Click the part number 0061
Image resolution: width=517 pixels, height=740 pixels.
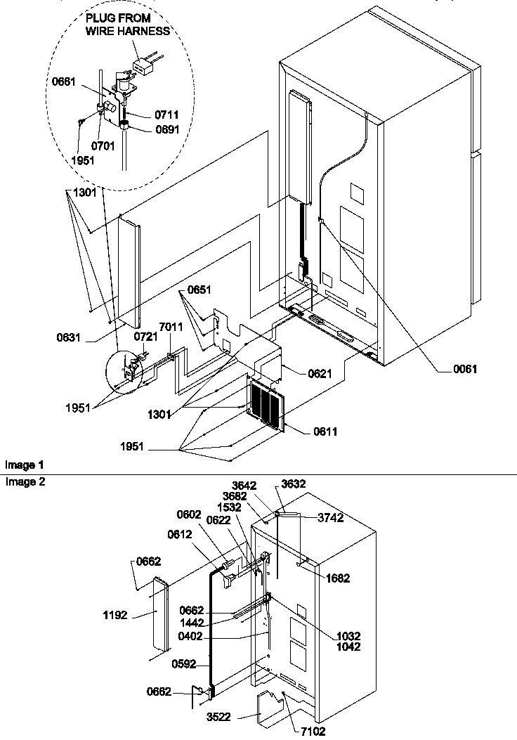point(464,369)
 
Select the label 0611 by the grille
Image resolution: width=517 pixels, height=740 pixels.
point(325,431)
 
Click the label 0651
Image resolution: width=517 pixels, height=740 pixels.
point(199,289)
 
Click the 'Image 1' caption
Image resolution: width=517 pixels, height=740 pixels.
point(24,465)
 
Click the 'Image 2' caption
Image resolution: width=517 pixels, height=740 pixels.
point(24,481)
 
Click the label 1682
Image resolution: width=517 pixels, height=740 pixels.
point(337,578)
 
